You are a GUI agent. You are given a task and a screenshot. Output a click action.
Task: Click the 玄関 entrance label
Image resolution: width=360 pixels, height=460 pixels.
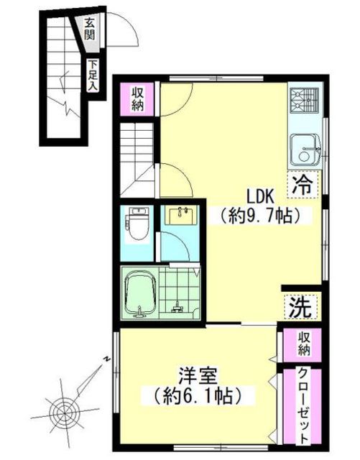[89, 29]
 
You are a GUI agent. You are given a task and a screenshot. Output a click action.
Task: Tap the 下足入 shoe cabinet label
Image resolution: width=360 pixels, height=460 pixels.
[93, 75]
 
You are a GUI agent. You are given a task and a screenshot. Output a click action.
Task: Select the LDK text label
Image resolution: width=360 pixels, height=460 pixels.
[260, 196]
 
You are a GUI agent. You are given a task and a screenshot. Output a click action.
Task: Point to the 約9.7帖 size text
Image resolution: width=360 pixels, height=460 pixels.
[261, 216]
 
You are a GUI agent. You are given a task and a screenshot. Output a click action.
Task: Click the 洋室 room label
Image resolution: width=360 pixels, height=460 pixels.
[198, 377]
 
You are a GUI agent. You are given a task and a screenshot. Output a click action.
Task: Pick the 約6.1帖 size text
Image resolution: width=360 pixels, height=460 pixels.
[198, 396]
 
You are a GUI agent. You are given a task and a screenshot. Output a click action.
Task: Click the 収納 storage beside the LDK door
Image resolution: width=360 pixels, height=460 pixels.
[137, 99]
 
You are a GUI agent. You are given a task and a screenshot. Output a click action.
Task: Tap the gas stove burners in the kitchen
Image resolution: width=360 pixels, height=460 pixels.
[304, 101]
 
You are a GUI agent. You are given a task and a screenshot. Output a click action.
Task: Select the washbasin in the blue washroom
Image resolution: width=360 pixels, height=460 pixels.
[181, 215]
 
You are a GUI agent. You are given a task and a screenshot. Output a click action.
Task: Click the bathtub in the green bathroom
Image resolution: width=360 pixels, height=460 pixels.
[140, 295]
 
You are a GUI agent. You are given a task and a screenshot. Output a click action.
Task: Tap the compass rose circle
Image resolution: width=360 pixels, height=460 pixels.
[64, 412]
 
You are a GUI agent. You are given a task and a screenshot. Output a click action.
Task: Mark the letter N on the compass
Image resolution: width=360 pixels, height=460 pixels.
[106, 359]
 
